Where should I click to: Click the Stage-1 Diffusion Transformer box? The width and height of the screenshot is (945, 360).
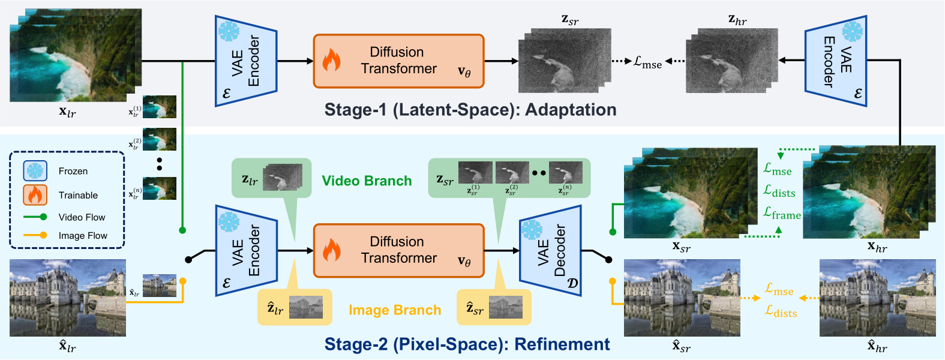(398, 61)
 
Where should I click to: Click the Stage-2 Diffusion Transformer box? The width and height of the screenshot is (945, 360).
(398, 250)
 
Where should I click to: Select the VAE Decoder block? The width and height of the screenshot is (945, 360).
(551, 251)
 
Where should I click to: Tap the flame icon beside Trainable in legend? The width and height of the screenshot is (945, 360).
(35, 195)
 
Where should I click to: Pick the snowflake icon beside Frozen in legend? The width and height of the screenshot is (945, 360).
(35, 171)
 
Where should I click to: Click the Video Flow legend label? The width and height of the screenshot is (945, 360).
(82, 217)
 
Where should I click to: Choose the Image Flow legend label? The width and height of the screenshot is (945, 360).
(83, 236)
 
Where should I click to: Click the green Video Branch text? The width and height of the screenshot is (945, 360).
(367, 181)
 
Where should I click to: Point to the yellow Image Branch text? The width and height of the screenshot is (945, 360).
(395, 310)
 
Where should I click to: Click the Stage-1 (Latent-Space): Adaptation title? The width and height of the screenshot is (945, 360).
(470, 110)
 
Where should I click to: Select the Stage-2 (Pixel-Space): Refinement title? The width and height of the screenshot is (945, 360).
(467, 344)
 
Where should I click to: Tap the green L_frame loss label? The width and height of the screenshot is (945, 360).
(782, 214)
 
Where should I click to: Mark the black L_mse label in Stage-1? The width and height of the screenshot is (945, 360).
(647, 62)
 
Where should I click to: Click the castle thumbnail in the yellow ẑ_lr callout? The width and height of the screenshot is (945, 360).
(306, 308)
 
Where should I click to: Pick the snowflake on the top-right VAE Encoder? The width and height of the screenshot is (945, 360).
(852, 31)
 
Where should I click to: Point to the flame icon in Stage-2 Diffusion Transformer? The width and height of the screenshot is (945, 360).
(331, 251)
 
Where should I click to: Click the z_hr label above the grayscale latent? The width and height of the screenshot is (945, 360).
(737, 20)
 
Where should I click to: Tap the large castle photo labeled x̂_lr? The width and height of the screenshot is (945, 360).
(68, 298)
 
